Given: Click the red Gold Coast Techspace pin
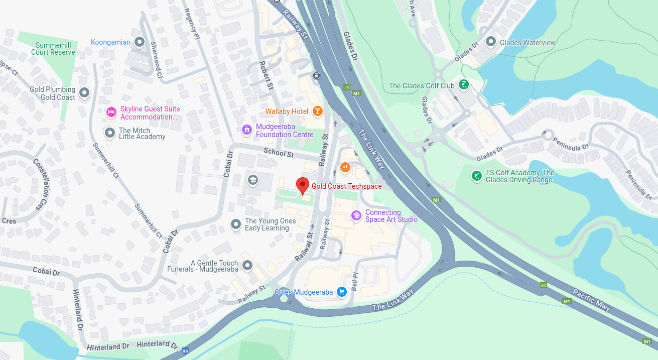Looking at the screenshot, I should click(302, 185).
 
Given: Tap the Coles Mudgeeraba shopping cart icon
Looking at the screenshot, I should click(342, 292).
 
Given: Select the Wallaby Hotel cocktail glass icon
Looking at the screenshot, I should click(317, 111).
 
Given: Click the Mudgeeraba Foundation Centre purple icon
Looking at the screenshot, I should click(246, 130).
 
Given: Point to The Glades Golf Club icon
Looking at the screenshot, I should click(464, 85).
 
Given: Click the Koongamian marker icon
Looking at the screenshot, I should click(140, 42).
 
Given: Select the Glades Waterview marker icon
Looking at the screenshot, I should click(491, 42).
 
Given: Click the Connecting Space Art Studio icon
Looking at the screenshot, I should click(356, 215).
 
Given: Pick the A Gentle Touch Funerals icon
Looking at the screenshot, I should click(247, 265).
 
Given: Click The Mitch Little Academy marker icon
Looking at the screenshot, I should click(109, 133).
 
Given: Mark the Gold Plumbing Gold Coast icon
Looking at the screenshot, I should click(84, 93).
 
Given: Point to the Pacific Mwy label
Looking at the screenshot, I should click(592, 300).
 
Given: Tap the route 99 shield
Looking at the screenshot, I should click(186, 350).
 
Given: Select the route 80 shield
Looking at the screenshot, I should click(544, 285).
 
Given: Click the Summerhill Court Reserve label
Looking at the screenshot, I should click(53, 49).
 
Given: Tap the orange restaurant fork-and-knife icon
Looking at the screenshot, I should click(345, 167).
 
